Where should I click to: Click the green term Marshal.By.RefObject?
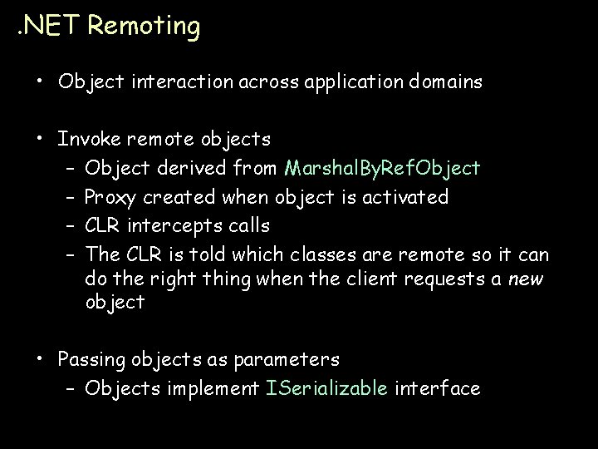pos(381,169)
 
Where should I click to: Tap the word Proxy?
pos(111,197)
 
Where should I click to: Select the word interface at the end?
pos(438,387)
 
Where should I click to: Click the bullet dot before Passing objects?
pos(40,359)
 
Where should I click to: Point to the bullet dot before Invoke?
pos(40,137)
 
